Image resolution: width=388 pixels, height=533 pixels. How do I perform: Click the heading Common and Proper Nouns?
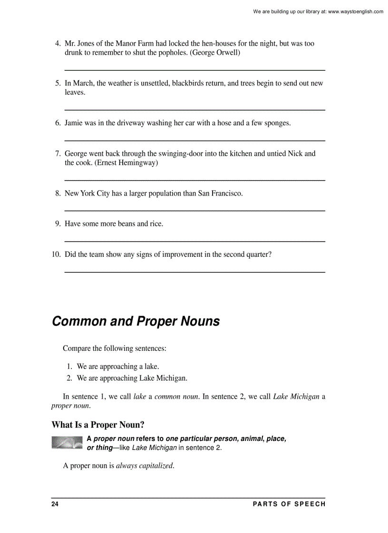point(136,321)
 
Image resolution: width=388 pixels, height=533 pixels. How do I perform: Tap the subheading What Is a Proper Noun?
point(97,425)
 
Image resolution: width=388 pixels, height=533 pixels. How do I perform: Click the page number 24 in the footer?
point(55,504)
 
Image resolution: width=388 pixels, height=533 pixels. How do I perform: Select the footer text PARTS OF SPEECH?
point(289,504)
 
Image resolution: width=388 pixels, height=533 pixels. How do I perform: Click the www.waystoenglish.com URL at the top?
point(355,11)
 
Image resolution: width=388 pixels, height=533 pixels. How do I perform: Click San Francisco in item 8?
point(220,193)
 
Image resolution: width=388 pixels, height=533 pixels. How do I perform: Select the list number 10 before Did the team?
point(56,254)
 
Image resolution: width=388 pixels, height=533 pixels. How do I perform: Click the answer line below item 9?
point(194,242)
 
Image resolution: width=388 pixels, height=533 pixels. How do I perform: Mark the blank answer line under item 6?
point(194,140)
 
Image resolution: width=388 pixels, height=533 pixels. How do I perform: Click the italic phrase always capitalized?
point(145,466)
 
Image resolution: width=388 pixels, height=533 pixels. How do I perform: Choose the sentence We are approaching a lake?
point(118,366)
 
